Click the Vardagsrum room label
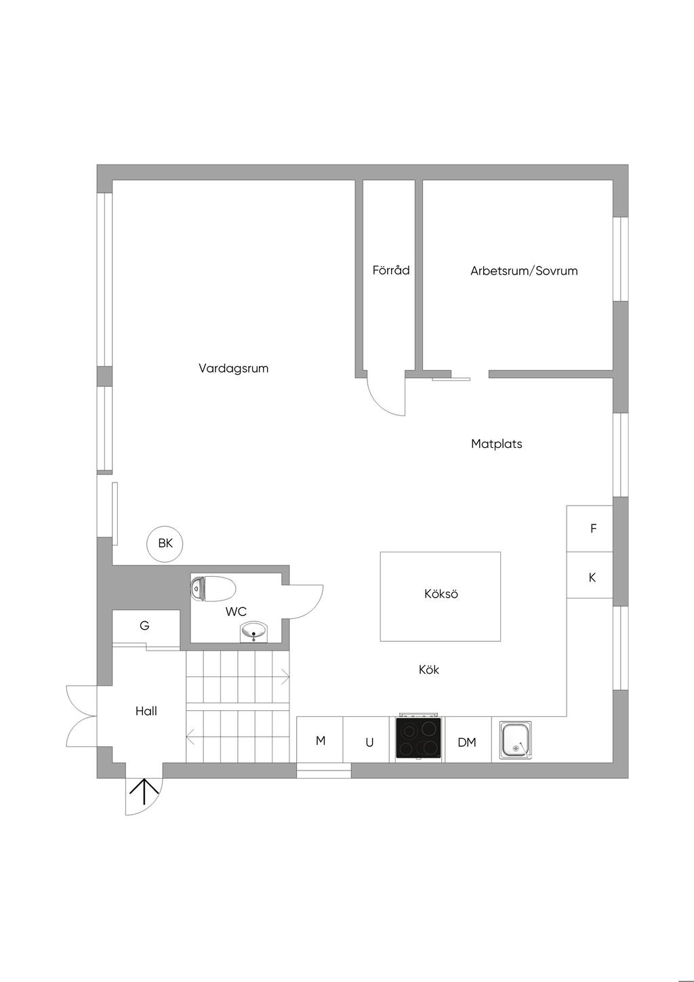click(233, 369)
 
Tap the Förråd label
click(391, 270)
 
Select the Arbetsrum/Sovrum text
click(524, 271)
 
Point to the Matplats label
click(497, 445)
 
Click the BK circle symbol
click(165, 544)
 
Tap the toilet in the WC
click(214, 588)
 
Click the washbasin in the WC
click(254, 632)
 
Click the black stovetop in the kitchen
click(419, 738)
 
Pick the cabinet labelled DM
click(467, 742)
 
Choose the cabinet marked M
click(321, 741)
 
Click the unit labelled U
click(369, 742)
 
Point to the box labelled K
click(592, 577)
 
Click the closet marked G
click(145, 627)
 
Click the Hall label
click(146, 711)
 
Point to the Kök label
click(429, 670)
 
